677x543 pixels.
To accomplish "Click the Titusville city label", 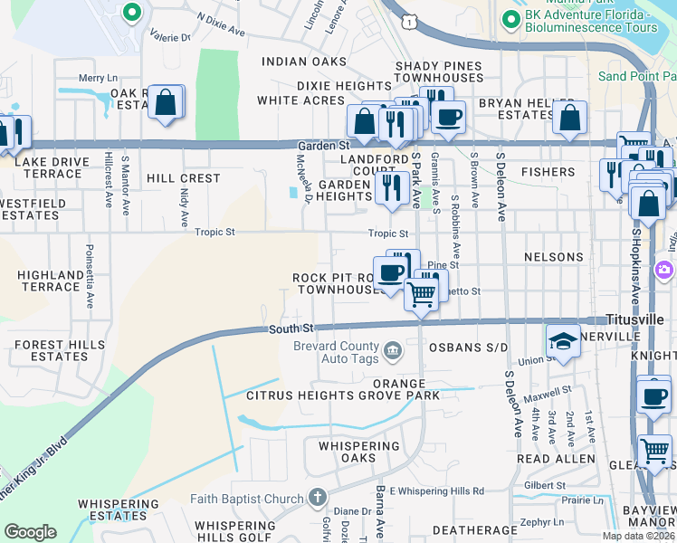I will tap(640, 321).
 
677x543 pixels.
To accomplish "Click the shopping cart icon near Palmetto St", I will tap(421, 292).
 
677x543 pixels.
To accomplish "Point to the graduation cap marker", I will tap(563, 339).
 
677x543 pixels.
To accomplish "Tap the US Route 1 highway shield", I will tap(409, 20).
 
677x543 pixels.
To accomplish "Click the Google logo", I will tap(31, 532).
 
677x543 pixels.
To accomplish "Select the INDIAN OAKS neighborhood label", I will tap(304, 62).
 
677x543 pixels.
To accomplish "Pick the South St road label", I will tap(290, 328).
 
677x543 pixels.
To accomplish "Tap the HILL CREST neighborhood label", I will tap(183, 178).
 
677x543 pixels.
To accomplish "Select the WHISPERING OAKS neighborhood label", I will tap(359, 452).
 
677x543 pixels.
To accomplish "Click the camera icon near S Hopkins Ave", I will tap(665, 270).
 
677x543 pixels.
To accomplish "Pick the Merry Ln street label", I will tap(99, 79).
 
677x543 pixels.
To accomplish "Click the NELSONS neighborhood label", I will tap(554, 257).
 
